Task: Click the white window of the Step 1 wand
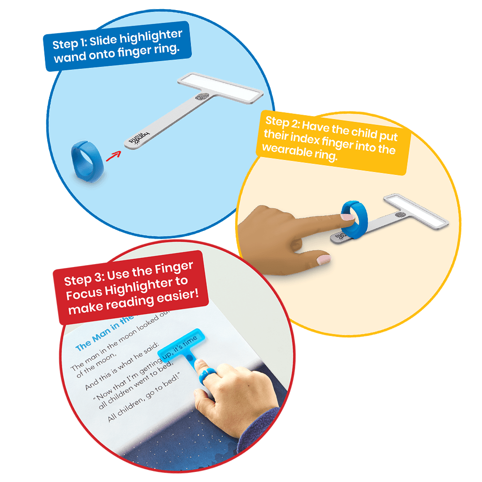coord(221,88)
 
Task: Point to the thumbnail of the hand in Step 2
coord(323,260)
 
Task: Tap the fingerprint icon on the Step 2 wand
coord(400,215)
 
